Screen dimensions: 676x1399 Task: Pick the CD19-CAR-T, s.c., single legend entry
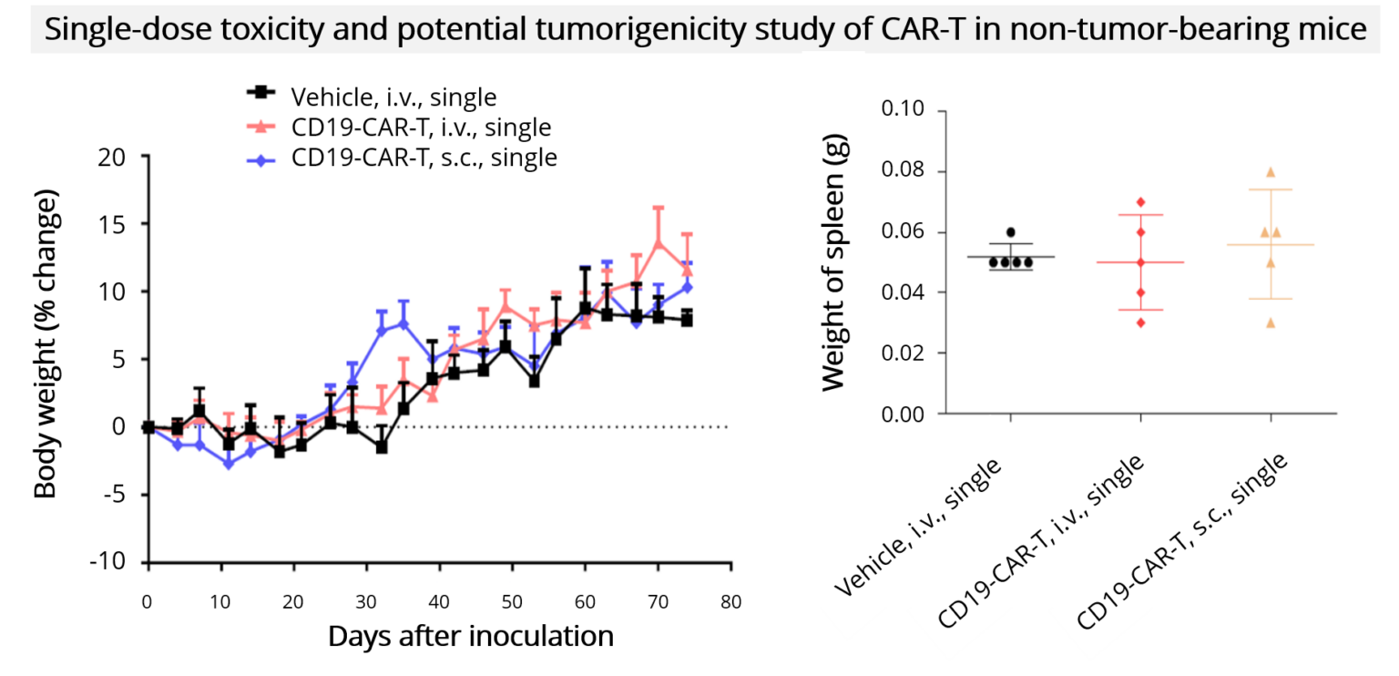click(424, 157)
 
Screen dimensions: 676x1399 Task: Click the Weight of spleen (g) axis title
click(833, 262)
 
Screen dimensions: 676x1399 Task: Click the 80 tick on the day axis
click(730, 602)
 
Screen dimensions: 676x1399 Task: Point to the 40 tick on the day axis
click(438, 602)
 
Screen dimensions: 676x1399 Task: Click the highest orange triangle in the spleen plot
click(1270, 172)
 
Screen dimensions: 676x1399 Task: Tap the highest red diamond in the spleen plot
click(1140, 202)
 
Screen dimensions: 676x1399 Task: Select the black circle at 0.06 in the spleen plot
click(1010, 232)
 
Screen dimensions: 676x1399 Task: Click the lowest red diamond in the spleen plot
click(1140, 323)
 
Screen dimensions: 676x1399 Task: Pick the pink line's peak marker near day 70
click(658, 242)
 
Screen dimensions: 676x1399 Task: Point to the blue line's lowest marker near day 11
click(229, 464)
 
